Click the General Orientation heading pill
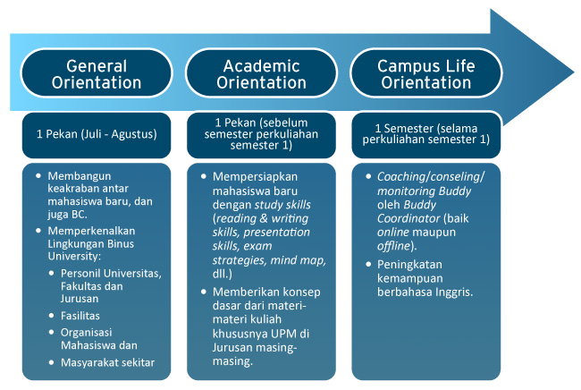tap(97, 73)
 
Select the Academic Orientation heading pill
tap(261, 73)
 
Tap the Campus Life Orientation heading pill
tap(426, 73)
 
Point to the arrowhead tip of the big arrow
tap(574, 72)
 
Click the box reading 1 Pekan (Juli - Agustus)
tap(97, 135)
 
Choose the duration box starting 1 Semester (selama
tap(426, 135)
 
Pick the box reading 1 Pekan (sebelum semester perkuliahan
tap(261, 135)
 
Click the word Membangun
tap(80, 176)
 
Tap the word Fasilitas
tap(80, 316)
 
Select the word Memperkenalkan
tap(91, 231)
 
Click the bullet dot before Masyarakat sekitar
tap(52, 362)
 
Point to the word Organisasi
tap(87, 333)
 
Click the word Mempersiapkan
tap(255, 177)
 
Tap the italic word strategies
tap(240, 260)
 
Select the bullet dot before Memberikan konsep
tap(204, 292)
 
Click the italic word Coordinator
tap(408, 218)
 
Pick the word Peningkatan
tap(409, 265)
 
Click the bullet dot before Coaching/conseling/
tap(368, 176)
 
